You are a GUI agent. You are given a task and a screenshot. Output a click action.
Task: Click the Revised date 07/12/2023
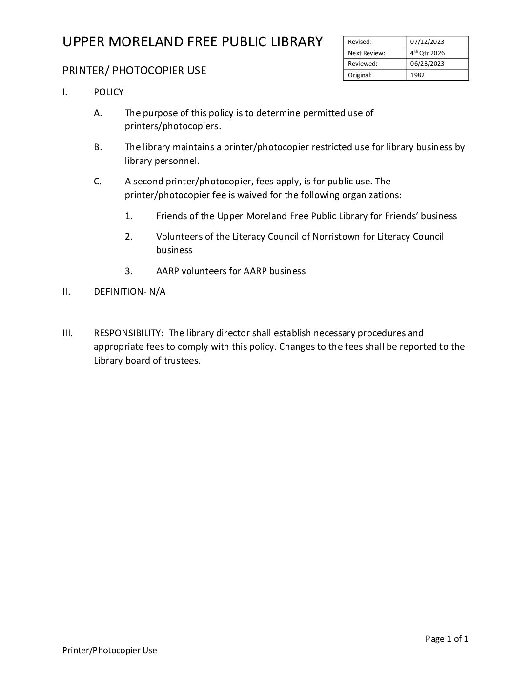(x=427, y=42)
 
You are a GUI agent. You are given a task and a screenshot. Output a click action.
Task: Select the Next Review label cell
(x=367, y=53)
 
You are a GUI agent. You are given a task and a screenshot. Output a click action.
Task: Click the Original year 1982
(x=417, y=75)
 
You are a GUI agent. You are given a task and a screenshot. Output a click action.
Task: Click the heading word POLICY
(x=108, y=92)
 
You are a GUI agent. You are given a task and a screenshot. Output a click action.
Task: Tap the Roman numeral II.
(x=67, y=292)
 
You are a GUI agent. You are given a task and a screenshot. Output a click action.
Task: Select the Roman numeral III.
(x=67, y=333)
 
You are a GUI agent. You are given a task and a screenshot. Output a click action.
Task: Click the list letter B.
(x=98, y=147)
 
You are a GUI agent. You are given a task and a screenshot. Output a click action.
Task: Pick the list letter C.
(x=98, y=182)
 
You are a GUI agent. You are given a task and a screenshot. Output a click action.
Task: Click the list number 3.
(x=129, y=271)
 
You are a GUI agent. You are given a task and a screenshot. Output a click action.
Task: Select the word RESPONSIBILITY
(x=128, y=333)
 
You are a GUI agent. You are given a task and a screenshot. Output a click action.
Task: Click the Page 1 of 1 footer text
(x=447, y=639)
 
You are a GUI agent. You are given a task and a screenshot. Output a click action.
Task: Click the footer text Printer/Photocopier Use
(x=110, y=650)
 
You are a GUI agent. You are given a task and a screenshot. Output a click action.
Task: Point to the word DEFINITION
(x=121, y=292)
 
